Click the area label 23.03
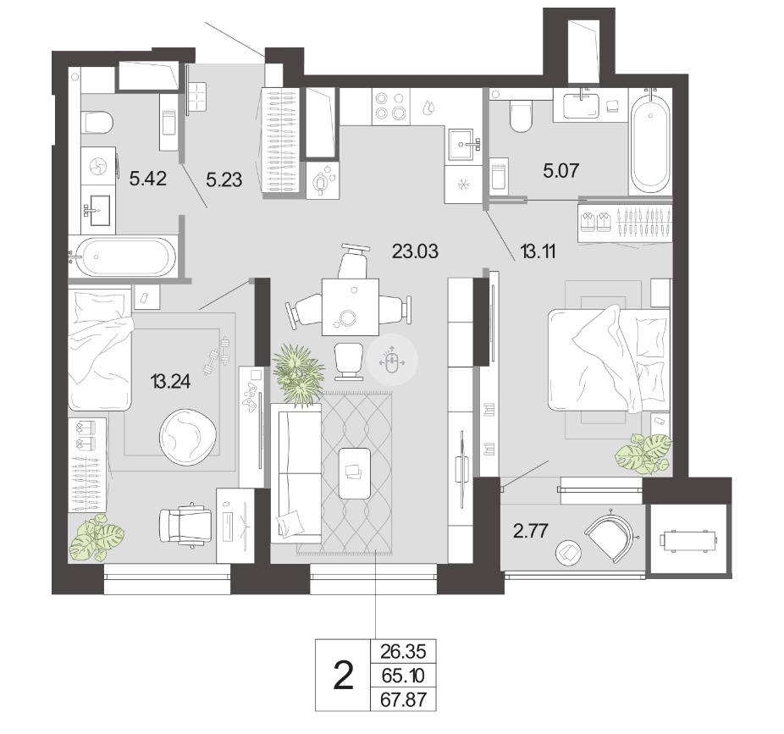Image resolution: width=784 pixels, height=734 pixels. point(415,251)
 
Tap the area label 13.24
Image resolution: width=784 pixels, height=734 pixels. point(170,382)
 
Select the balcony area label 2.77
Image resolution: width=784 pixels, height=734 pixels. point(531,531)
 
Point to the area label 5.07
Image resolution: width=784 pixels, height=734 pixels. point(561,170)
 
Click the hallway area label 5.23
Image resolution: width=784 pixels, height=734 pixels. point(224,179)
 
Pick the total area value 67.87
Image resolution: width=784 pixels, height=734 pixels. point(404,699)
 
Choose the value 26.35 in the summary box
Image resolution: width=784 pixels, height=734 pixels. point(404,652)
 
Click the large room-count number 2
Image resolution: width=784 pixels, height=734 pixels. point(343,676)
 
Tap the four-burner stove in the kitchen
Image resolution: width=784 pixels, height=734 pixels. point(391,106)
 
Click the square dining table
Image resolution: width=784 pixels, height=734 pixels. point(351,307)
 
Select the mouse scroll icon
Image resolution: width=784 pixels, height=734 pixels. point(391,360)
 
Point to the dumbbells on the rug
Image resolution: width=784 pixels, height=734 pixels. point(217,356)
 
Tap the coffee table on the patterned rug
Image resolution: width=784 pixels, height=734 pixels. point(355,473)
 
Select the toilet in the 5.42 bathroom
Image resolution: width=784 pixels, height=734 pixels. point(98,123)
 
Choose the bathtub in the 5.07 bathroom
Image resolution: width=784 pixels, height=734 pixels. point(650,141)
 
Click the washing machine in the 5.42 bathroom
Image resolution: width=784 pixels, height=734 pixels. point(98,166)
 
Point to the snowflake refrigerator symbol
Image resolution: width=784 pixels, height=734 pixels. point(463,185)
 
